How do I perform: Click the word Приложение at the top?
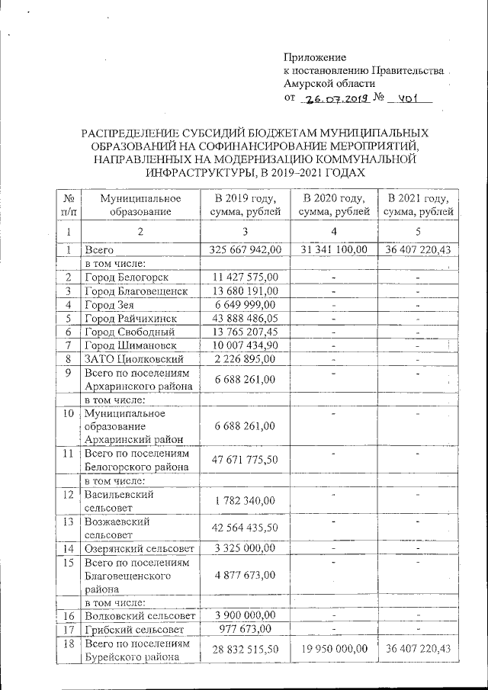pyautogui.click(x=315, y=57)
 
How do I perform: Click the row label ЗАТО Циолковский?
pyautogui.click(x=133, y=359)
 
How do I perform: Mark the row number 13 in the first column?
pyautogui.click(x=69, y=522)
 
